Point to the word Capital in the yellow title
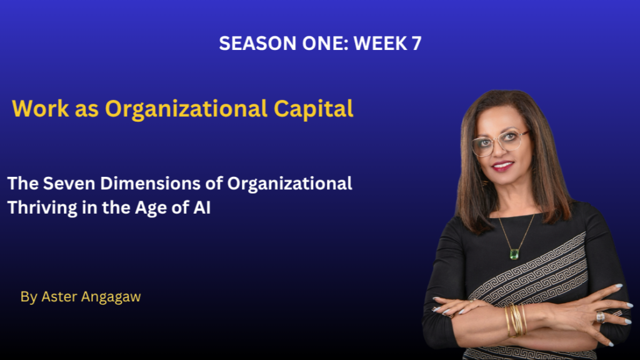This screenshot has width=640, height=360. coord(314,109)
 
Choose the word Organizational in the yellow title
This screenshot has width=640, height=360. coord(186,109)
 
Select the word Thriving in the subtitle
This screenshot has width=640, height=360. coord(42,208)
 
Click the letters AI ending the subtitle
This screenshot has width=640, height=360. coord(202,207)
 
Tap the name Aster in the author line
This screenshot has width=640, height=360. coord(59,297)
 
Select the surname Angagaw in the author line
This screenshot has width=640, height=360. coord(111,297)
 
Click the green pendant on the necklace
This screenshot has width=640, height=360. coord(514,254)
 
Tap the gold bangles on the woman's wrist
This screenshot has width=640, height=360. coord(516,321)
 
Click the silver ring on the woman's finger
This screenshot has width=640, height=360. coord(601,317)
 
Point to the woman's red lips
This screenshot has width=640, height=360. coord(503,166)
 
